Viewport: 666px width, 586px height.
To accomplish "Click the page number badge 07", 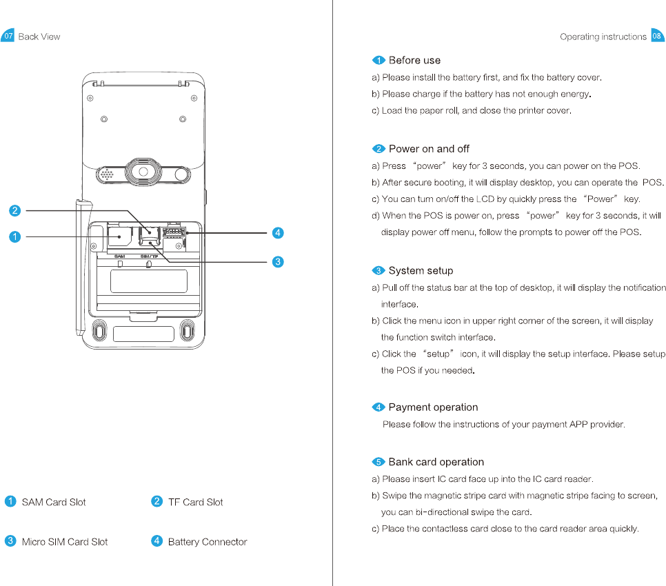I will coord(8,37).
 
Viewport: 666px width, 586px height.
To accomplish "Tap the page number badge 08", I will coord(657,37).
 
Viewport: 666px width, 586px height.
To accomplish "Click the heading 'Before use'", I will coord(414,61).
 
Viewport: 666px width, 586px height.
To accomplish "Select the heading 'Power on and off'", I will coord(429,149).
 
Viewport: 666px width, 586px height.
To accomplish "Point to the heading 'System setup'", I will coord(421,271).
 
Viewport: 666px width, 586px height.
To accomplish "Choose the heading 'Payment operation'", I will coord(433,407).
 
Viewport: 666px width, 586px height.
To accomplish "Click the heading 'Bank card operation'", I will coord(436,462).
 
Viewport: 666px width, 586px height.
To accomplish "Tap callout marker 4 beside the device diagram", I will coord(277,233).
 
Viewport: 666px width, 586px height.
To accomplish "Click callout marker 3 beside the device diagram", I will coord(277,261).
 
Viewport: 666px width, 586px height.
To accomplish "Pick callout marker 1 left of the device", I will coord(14,237).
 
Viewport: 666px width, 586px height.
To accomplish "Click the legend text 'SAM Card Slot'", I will coord(54,503).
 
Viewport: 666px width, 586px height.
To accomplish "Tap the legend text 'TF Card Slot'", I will coord(195,503).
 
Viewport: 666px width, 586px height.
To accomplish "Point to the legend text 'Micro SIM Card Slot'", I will coord(65,542).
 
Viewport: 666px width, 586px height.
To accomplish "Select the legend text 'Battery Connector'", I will coord(207,542).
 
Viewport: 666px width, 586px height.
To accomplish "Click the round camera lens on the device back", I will coord(143,172).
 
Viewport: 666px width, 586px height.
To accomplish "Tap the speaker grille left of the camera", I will coord(108,174).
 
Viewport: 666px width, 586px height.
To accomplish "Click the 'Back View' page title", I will coord(39,37).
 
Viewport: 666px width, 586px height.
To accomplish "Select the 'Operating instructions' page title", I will coord(603,37).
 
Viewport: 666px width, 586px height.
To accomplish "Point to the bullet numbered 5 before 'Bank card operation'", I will coord(379,462).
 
